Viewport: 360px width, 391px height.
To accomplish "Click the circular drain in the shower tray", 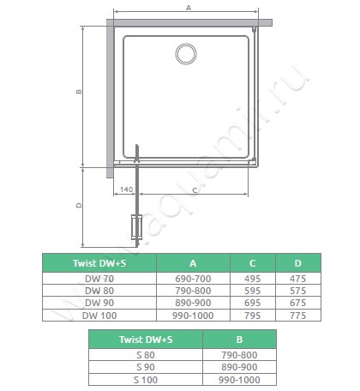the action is click(x=186, y=54).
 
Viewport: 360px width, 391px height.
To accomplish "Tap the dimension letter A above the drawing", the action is click(x=189, y=8).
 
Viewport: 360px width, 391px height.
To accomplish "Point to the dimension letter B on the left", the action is click(x=79, y=92).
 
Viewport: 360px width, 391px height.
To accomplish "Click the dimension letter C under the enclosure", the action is click(x=195, y=190).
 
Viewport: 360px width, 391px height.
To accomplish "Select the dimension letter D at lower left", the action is click(x=79, y=206).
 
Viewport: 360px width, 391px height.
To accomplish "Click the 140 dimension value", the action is click(x=126, y=189).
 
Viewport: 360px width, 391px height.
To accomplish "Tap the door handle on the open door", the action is click(x=136, y=227).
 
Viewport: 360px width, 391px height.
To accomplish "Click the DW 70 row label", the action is click(x=99, y=279).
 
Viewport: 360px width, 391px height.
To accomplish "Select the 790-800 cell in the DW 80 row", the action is click(x=193, y=291).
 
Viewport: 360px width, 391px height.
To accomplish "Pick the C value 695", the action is click(x=253, y=303).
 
